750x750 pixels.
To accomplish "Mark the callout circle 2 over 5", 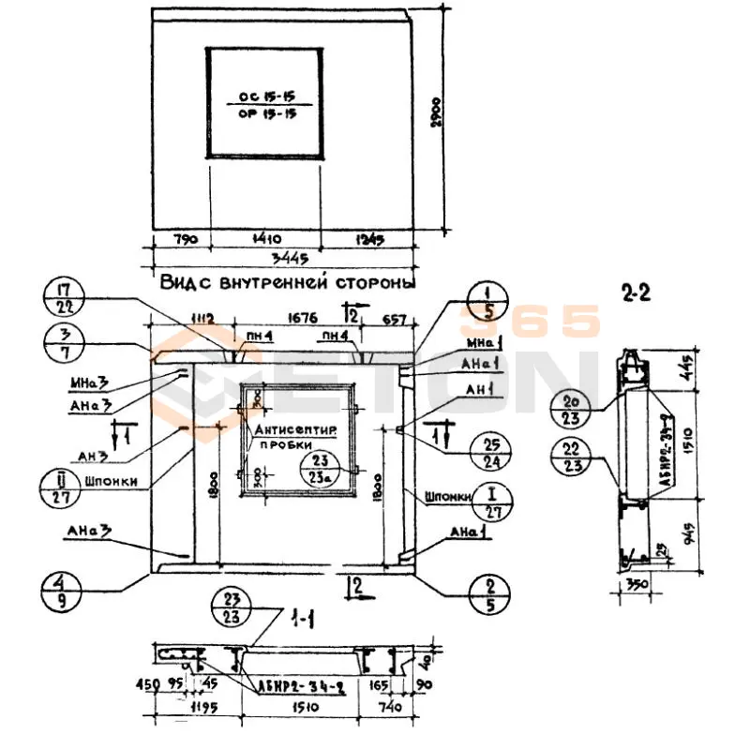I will tap(490, 592).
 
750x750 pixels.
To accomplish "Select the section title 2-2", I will tap(635, 293).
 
